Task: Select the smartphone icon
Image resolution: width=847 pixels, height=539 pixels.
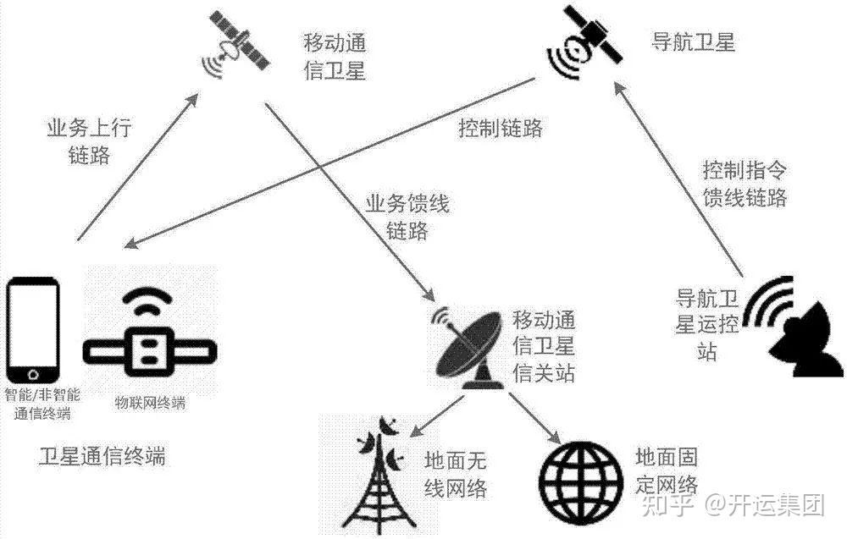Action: pos(34,330)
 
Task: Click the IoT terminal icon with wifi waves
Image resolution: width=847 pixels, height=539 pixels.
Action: pos(152,338)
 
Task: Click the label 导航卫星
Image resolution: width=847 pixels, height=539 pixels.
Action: pos(693,42)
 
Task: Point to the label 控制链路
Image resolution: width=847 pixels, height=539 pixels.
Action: pos(500,129)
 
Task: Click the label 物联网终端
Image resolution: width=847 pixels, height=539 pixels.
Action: pos(150,403)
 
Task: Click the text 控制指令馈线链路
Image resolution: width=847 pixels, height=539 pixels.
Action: pos(745,184)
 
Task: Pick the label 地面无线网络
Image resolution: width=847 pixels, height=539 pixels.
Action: pos(456,475)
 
